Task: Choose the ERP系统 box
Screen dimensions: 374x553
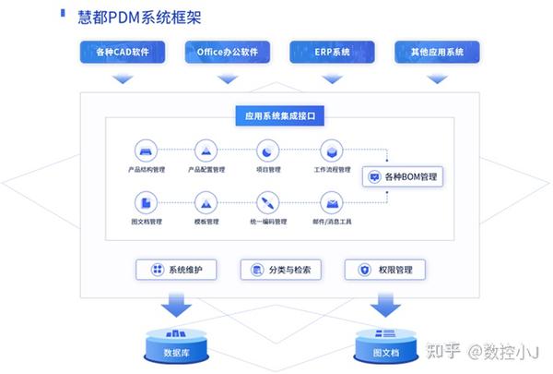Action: click(x=331, y=52)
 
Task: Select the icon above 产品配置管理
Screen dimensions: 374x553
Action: click(x=206, y=150)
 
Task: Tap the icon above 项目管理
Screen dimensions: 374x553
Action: click(x=266, y=150)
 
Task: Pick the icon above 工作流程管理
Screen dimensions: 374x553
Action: click(x=331, y=150)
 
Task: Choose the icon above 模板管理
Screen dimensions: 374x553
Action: click(x=206, y=202)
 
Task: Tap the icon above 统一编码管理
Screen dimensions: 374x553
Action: click(x=266, y=202)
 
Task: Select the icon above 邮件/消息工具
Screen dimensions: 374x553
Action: click(x=331, y=202)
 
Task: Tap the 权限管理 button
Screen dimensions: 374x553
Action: click(x=384, y=270)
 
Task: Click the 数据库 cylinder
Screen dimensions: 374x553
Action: click(x=176, y=346)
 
